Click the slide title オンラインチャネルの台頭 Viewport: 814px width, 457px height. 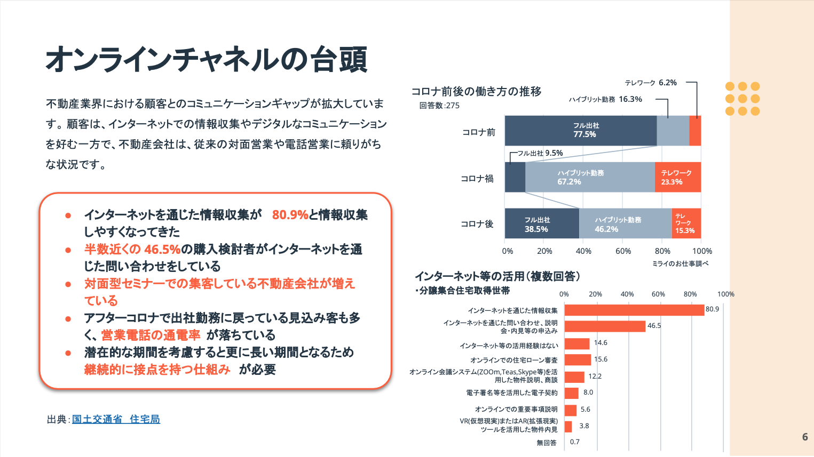(x=207, y=59)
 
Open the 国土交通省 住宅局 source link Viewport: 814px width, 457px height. (x=116, y=419)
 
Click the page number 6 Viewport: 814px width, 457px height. (x=805, y=437)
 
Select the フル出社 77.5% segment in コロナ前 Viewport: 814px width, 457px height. (x=580, y=131)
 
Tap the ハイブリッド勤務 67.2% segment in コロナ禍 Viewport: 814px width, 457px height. (x=590, y=177)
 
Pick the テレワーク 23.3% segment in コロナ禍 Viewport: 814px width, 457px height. (x=677, y=177)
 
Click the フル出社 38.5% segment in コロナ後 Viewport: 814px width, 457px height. (x=541, y=223)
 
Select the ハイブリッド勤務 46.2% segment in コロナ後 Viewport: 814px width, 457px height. (x=625, y=223)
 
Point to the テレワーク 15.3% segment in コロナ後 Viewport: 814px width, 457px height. (x=686, y=223)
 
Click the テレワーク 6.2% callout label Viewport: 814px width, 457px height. (x=651, y=83)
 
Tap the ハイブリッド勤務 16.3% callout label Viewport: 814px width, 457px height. (x=605, y=99)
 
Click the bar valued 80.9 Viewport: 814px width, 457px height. (x=634, y=310)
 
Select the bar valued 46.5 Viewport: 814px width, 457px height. (x=605, y=326)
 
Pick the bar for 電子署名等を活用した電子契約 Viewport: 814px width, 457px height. (x=572, y=393)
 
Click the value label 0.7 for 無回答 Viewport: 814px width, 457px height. (x=574, y=442)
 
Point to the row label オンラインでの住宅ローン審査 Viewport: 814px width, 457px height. (x=513, y=360)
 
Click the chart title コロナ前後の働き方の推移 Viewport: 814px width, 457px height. (x=476, y=91)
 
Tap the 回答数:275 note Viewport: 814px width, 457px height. (x=439, y=106)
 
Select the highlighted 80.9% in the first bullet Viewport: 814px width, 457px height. (x=290, y=215)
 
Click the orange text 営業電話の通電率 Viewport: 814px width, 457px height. (x=151, y=335)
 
